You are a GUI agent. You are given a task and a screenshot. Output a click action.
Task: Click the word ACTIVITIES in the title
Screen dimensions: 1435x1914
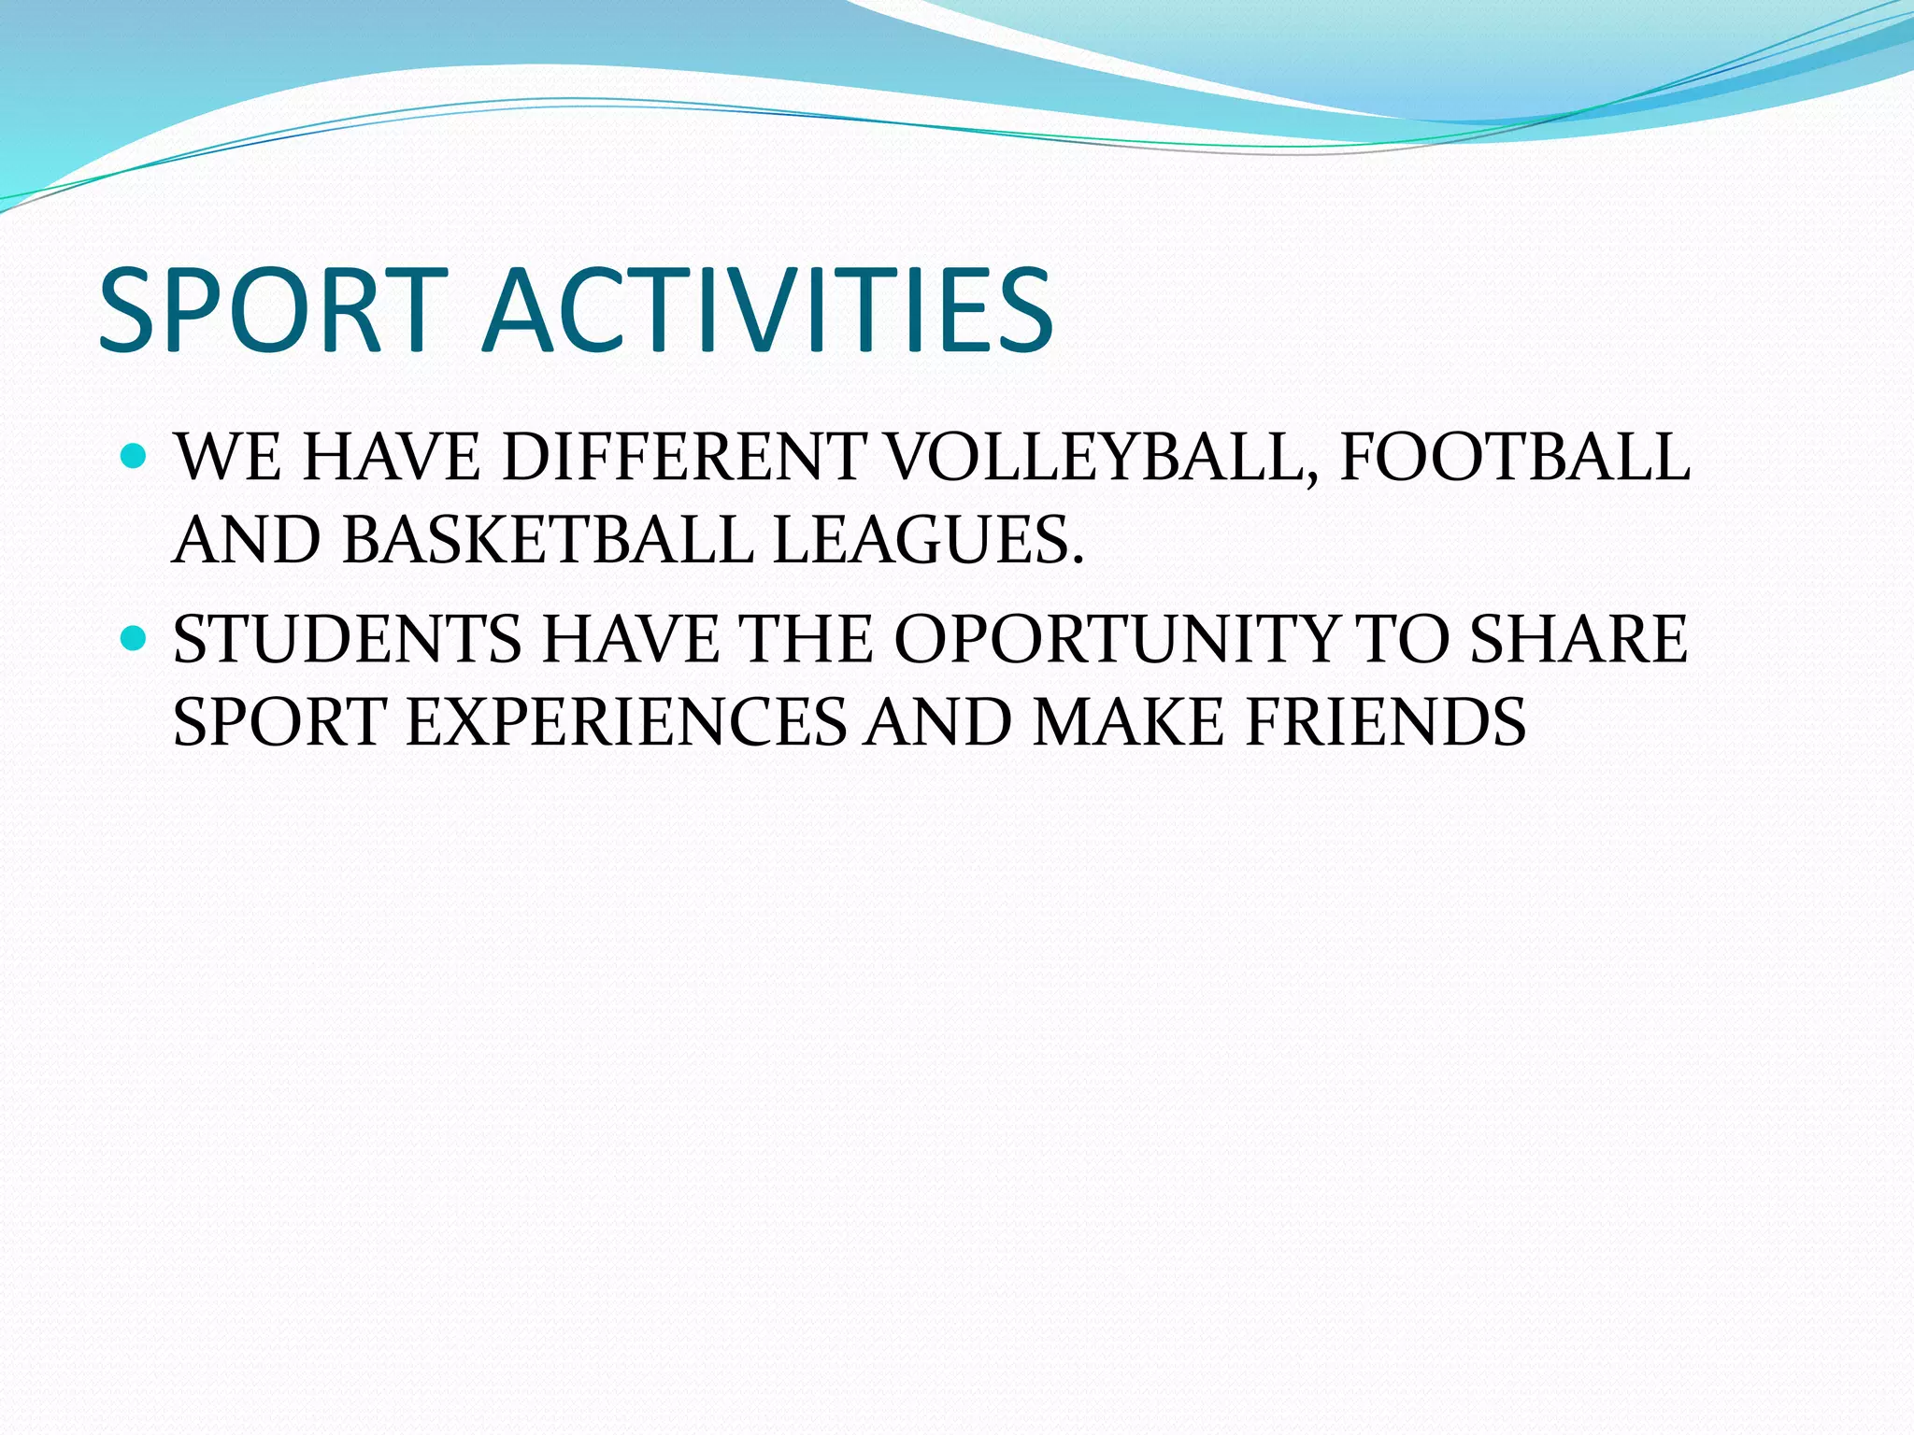[766, 310]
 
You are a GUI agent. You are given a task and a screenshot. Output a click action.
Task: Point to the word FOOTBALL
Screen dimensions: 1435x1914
[1514, 458]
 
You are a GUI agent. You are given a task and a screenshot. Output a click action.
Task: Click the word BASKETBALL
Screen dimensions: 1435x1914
[548, 540]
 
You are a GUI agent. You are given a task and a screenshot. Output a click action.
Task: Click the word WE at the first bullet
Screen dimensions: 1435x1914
[228, 458]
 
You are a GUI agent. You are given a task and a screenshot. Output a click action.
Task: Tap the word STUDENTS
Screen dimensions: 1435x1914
[347, 639]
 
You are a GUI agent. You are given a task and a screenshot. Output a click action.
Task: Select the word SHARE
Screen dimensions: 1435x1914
[1578, 639]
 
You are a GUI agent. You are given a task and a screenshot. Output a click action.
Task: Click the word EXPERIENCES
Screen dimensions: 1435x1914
[625, 721]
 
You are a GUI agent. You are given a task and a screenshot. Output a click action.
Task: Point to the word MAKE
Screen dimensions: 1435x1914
[1127, 721]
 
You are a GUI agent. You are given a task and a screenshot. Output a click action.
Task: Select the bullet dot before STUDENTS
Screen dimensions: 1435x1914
[136, 638]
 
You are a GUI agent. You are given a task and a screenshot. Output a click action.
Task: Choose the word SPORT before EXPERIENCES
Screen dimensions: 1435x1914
[279, 721]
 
